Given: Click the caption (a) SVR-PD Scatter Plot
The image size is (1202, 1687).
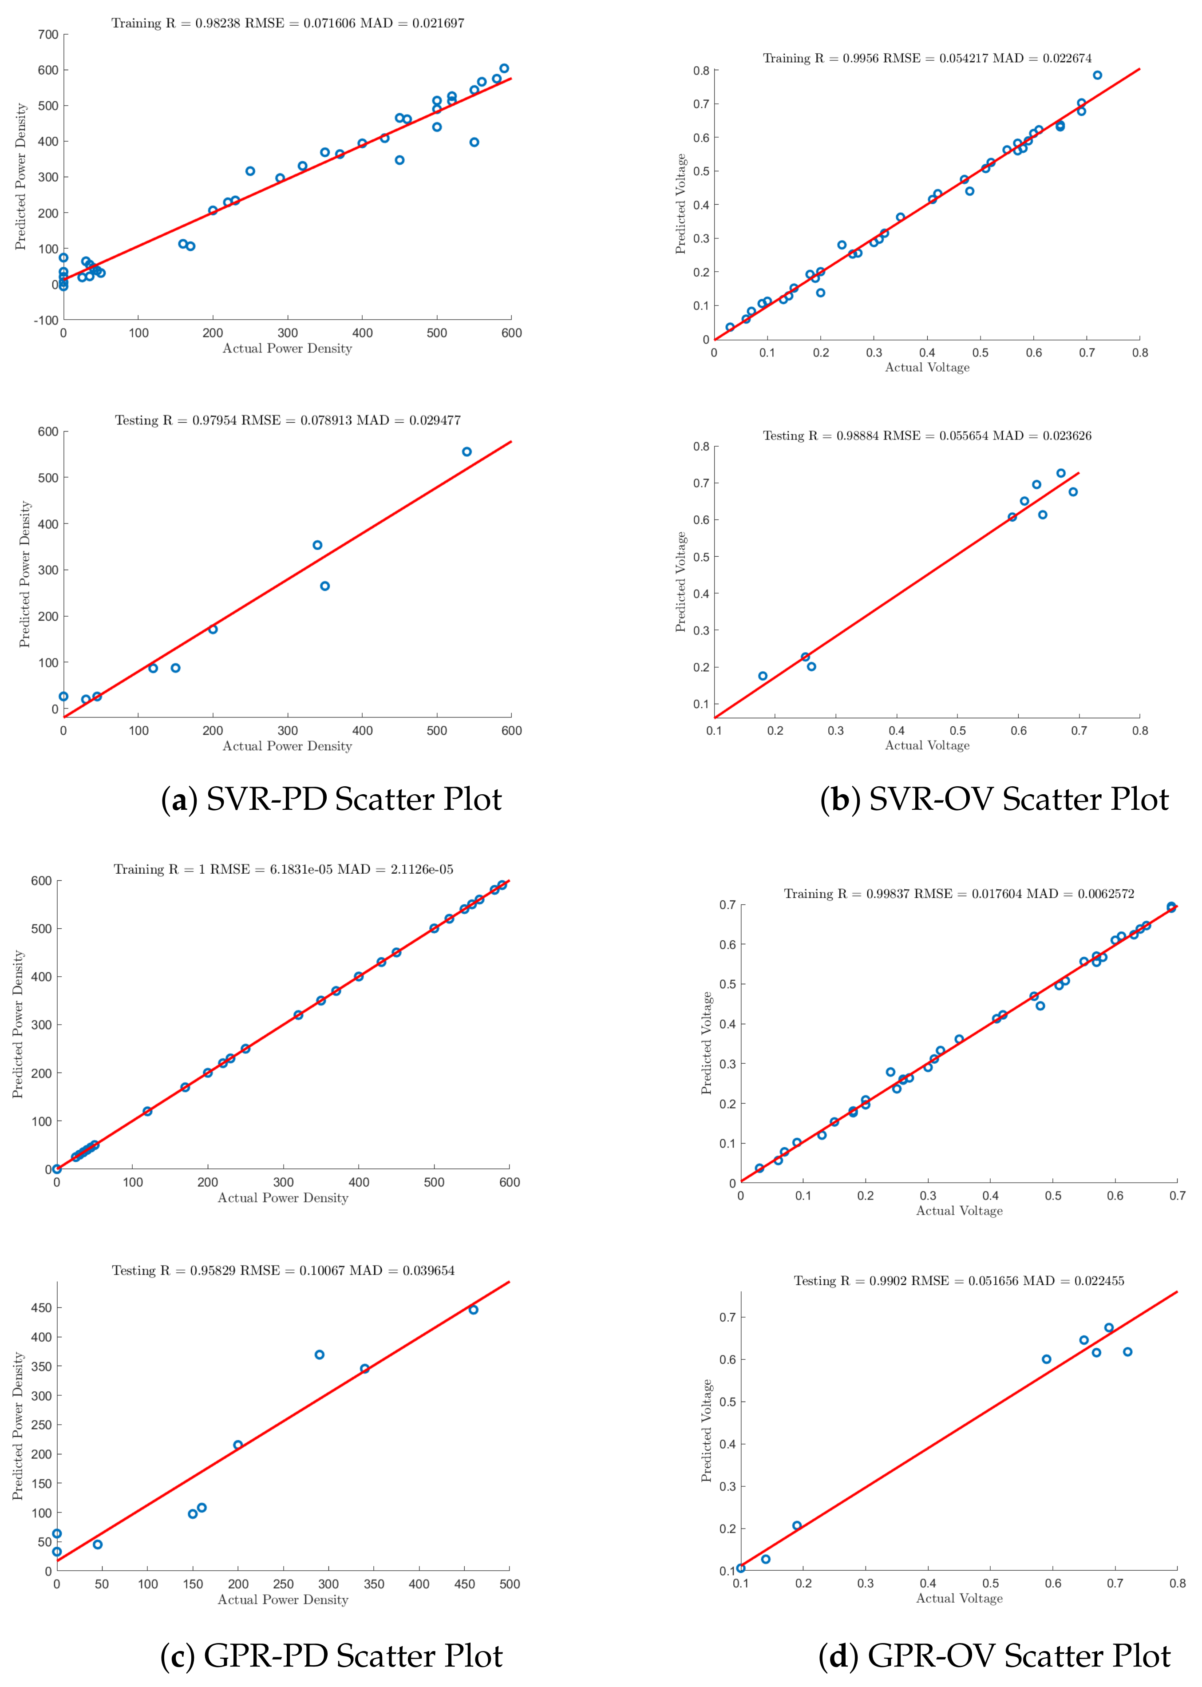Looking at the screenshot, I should pos(331,800).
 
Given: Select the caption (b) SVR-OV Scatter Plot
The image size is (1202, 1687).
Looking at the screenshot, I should pos(994,800).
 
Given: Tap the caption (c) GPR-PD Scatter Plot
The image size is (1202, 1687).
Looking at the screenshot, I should pos(331,1655).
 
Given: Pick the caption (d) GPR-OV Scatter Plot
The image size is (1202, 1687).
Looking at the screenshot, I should pos(994,1655).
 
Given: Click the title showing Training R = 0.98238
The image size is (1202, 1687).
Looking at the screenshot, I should pos(288,23).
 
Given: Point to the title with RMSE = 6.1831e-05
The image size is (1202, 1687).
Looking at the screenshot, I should pos(284,869).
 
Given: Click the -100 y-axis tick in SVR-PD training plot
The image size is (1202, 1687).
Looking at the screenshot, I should pos(46,321).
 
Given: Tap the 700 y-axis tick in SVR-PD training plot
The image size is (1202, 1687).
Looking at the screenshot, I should pos(47,34).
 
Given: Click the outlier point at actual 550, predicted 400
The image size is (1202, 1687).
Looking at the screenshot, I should pos(474,142).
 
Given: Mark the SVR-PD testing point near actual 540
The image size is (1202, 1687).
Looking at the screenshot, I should pos(467,451).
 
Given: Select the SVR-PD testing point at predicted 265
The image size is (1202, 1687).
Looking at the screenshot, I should pos(325,586).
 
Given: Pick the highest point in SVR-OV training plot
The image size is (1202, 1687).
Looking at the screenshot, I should pos(1098,75).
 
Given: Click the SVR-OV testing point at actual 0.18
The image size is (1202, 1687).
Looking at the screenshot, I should pos(763,676).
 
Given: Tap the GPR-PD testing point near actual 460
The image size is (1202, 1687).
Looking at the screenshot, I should pos(474,1310).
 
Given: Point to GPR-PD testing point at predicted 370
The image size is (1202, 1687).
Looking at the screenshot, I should pos(320,1354).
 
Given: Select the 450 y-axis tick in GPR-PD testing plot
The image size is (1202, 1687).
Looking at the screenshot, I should pos(41,1308).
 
